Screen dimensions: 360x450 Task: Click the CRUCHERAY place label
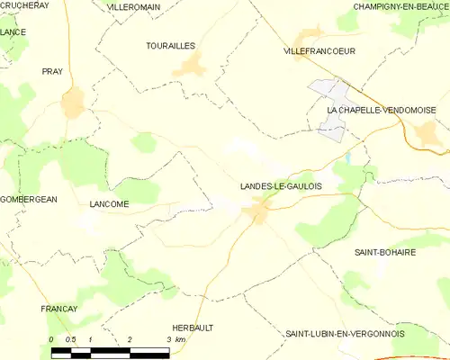24,5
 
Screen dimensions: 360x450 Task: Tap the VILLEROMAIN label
133,6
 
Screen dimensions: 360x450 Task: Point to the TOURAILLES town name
170,44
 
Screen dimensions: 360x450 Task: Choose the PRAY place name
51,70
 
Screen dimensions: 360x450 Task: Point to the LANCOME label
109,204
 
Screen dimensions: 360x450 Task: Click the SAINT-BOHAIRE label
385,253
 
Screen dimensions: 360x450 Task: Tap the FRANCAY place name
59,309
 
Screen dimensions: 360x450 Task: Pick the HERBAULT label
192,328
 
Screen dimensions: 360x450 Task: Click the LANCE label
13,32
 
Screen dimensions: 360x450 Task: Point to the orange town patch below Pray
72,103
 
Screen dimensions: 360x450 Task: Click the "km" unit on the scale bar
180,339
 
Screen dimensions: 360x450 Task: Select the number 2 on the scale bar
130,339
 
